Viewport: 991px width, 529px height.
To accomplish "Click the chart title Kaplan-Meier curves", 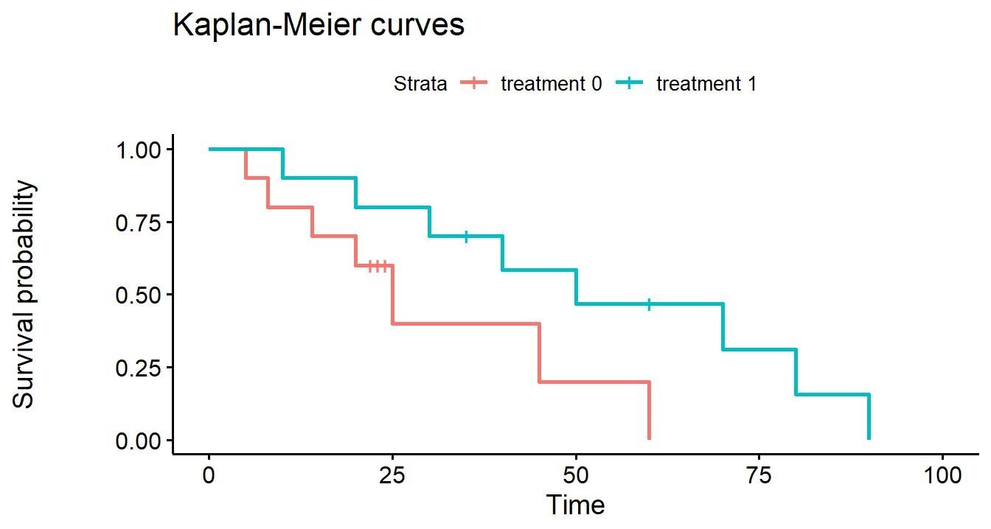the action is tap(319, 25).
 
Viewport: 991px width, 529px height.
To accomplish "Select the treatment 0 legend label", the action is tap(552, 83).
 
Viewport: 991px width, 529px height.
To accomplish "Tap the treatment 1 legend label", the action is tap(706, 83).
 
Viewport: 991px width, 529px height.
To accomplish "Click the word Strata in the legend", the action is tap(420, 83).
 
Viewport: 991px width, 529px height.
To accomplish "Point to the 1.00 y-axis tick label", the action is tap(138, 150).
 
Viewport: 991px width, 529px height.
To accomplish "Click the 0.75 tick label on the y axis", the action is tap(138, 223).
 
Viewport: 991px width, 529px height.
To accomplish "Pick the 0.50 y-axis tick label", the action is tap(138, 295).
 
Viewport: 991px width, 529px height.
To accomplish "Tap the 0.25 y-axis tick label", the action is tap(138, 368).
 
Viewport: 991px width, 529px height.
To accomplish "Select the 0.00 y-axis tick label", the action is tap(138, 441).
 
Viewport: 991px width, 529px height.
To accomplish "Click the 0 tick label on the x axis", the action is tap(209, 475).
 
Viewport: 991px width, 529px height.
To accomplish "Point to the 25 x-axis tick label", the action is tap(392, 475).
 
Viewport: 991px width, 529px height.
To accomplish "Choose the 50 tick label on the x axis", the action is tap(576, 475).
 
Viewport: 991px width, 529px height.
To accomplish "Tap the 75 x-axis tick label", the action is tap(759, 475).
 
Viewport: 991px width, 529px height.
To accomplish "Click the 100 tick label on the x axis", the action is tap(943, 475).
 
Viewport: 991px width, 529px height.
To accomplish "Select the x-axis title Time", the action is tap(576, 505).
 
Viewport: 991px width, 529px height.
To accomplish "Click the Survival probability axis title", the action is tap(23, 294).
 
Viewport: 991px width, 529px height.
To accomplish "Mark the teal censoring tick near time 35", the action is tap(466, 237).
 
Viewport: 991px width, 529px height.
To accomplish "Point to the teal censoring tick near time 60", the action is tap(649, 304).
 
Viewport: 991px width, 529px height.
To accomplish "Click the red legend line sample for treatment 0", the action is tap(474, 83).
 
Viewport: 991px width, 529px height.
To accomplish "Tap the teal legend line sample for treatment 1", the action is tap(629, 83).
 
